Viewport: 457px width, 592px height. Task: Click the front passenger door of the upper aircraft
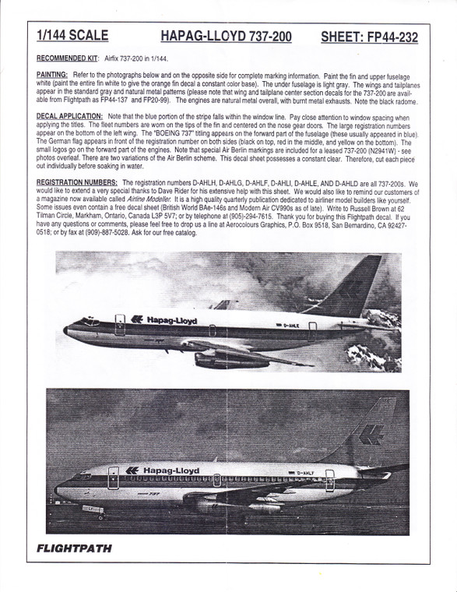coord(121,321)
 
